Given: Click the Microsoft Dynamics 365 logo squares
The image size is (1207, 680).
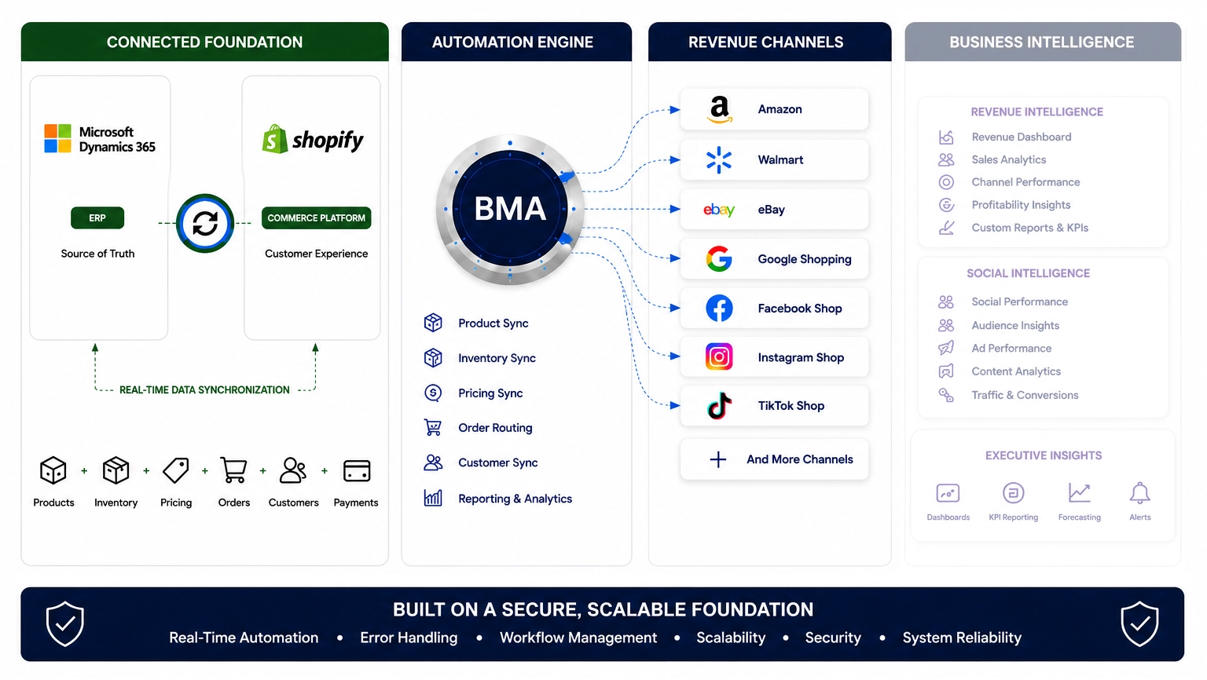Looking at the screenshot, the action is click(x=57, y=138).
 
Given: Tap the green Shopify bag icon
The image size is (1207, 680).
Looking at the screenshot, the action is click(x=275, y=139).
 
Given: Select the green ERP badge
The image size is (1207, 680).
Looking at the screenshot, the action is click(x=97, y=218).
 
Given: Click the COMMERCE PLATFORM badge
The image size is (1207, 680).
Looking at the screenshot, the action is click(x=317, y=218).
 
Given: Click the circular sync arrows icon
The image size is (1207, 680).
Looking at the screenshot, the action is click(x=205, y=223).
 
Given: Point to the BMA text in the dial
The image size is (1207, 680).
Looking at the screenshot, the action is click(x=510, y=209).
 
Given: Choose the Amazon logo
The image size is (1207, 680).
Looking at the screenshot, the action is click(x=719, y=110).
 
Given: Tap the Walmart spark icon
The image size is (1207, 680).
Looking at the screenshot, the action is click(x=719, y=160).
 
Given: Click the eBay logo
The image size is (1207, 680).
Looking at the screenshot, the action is click(x=719, y=210).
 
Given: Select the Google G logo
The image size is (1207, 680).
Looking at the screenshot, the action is click(x=719, y=259).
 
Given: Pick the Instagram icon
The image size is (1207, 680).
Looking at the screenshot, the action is click(x=719, y=356).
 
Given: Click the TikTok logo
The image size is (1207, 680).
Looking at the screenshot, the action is click(x=719, y=405).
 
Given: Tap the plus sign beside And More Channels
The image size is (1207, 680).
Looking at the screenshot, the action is click(x=717, y=460).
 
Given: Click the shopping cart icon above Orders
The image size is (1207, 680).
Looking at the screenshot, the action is click(x=234, y=470).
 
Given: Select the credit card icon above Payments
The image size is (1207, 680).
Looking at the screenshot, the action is click(x=357, y=470).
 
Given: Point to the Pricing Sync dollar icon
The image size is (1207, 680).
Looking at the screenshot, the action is click(x=433, y=393).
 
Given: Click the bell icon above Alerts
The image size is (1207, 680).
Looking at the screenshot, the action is click(x=1139, y=492).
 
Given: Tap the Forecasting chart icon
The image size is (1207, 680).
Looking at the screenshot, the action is click(x=1079, y=492).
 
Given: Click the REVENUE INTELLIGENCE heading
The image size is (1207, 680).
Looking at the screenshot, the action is click(x=1036, y=112).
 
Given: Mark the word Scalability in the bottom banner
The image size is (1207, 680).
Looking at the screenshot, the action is click(x=731, y=638).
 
